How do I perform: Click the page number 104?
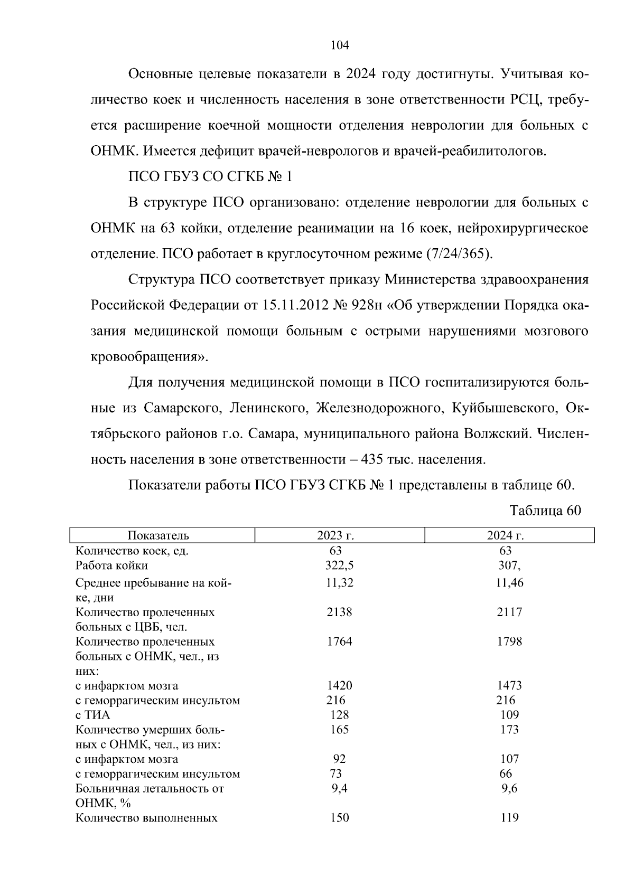click(340, 45)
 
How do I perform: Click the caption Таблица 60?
click(545, 511)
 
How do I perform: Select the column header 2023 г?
click(335, 535)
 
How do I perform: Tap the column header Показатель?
click(158, 535)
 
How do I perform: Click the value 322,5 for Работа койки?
click(339, 565)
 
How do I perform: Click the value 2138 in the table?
click(339, 612)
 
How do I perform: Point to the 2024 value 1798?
click(510, 642)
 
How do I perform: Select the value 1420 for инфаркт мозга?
click(339, 686)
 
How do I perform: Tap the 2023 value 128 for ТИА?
click(339, 715)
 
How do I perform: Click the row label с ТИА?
click(93, 715)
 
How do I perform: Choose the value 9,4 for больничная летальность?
click(339, 789)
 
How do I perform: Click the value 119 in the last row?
click(510, 818)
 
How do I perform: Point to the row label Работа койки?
click(111, 565)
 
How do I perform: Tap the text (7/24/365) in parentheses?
click(459, 254)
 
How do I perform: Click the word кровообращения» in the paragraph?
click(150, 357)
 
